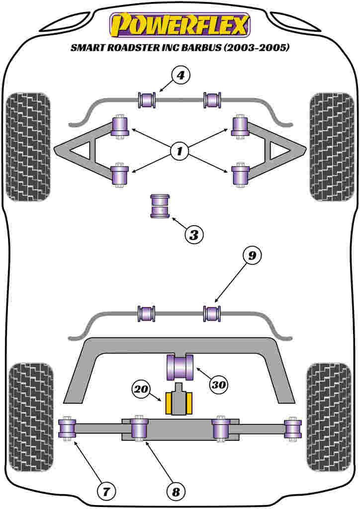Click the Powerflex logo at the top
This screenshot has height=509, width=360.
(x=180, y=25)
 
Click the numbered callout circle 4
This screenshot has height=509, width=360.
(x=180, y=76)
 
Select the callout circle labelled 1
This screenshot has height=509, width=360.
(x=180, y=151)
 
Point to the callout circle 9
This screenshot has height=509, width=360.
(x=252, y=256)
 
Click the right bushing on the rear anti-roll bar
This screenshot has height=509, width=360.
(x=212, y=313)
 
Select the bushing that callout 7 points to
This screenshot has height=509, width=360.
(x=67, y=429)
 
